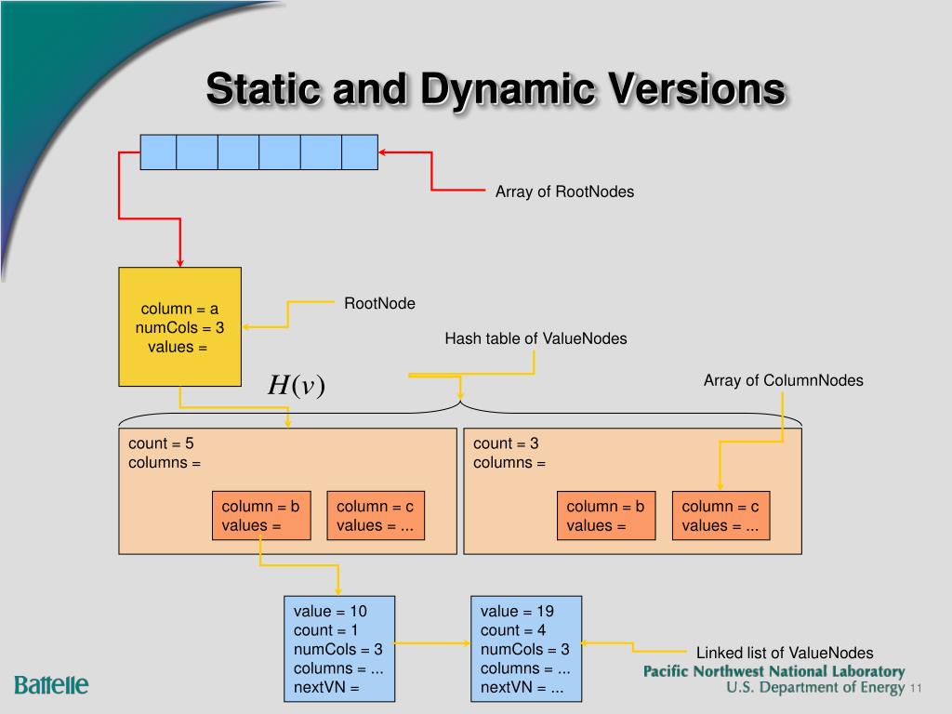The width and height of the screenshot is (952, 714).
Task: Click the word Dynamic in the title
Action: (508, 90)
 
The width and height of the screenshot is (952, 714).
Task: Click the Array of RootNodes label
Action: (564, 192)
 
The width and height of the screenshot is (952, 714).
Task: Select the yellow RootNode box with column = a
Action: (179, 326)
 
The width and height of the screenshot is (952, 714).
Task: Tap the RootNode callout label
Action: (379, 304)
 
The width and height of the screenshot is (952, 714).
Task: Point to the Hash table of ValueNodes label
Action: (535, 338)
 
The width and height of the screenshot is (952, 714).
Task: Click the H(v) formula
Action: (297, 385)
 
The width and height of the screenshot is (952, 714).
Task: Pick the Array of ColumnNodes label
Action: (783, 380)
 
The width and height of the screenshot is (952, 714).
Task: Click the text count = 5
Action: (161, 443)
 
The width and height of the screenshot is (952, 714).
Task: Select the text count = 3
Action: (506, 443)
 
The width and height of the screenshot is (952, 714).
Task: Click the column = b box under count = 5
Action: (261, 515)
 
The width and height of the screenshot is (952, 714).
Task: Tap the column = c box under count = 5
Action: (376, 515)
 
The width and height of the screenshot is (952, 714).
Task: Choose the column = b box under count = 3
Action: (606, 515)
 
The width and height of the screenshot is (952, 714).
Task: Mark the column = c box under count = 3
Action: (721, 515)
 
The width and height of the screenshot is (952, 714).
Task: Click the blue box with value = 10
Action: (339, 649)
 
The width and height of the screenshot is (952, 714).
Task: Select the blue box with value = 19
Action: (526, 649)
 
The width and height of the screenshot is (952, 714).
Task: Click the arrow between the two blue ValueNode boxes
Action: (432, 643)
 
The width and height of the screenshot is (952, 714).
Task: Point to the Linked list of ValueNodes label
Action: (785, 654)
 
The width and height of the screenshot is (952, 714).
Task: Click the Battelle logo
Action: (52, 685)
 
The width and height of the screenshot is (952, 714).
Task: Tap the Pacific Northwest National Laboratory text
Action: (774, 671)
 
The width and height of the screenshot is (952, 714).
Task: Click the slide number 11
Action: (916, 689)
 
